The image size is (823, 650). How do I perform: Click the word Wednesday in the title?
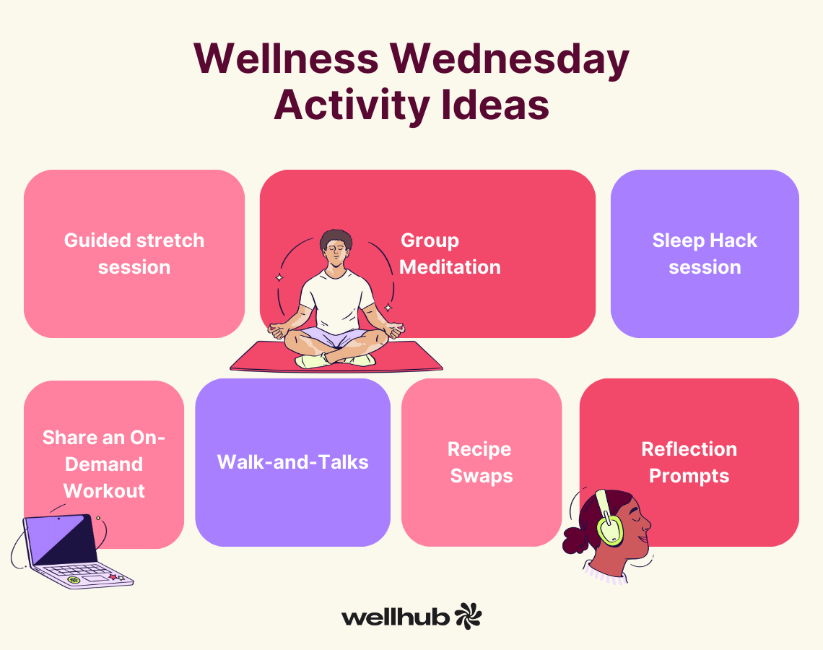tap(509, 59)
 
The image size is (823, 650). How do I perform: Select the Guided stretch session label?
tap(134, 253)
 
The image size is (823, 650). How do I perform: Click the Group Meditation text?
tap(450, 253)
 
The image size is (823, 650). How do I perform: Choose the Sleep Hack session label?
tap(705, 253)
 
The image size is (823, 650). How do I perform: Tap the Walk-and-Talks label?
tap(293, 462)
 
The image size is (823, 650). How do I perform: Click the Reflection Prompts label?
tap(689, 462)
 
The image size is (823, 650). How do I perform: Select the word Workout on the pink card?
tap(104, 491)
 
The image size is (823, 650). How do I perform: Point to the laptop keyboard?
tap(79, 571)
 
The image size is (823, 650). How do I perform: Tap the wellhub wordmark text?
tap(396, 617)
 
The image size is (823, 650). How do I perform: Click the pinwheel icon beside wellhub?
tap(468, 616)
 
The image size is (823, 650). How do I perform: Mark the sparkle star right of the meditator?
tap(388, 307)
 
